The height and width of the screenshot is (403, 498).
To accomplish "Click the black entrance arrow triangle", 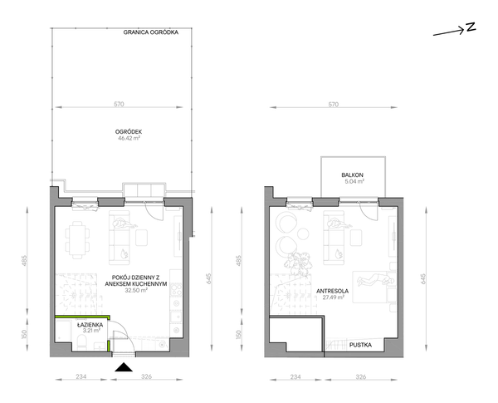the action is (x=124, y=367).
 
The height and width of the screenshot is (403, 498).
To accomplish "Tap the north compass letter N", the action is (x=471, y=27).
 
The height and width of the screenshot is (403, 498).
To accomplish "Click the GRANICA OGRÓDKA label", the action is (x=151, y=32).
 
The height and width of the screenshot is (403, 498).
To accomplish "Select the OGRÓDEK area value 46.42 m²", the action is (x=129, y=139).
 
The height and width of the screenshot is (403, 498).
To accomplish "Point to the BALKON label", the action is (x=352, y=175).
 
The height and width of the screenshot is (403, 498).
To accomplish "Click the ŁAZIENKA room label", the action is (x=90, y=325).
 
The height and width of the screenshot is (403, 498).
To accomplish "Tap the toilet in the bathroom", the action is (x=82, y=343).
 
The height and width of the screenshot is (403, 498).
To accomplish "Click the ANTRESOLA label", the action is (x=332, y=291).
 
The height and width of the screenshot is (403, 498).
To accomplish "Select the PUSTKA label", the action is (x=360, y=345).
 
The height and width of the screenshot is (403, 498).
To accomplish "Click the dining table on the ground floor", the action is (x=77, y=240).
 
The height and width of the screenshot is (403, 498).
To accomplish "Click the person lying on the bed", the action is (x=375, y=279).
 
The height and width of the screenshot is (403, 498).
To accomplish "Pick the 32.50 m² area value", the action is (x=136, y=290).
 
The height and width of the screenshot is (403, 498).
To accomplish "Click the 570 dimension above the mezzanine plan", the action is (x=333, y=105).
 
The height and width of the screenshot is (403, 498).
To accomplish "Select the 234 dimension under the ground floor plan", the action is (x=81, y=376).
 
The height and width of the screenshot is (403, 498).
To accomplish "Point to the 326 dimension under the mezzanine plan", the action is (x=361, y=377).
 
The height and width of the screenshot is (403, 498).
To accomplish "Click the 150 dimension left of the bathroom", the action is (x=24, y=334).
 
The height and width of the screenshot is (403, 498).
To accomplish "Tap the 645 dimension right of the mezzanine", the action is (x=423, y=279).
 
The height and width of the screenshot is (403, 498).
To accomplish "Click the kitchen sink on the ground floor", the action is (x=176, y=317).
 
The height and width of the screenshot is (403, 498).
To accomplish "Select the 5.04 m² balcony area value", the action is (x=354, y=182).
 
